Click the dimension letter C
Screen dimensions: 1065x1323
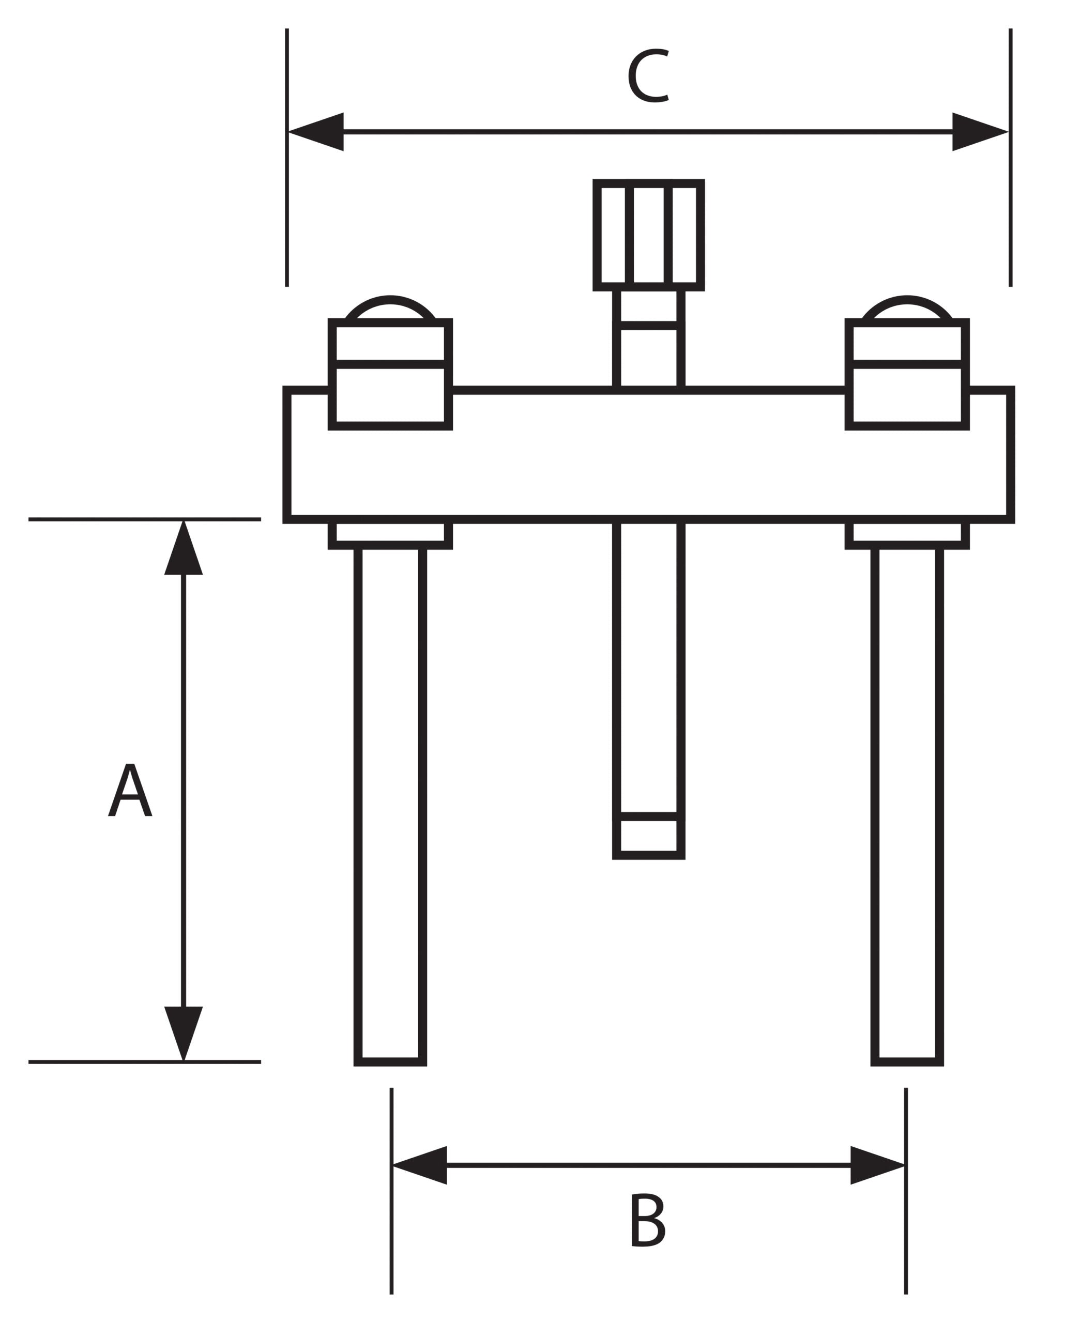[648, 75]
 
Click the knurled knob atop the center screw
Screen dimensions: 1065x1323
[648, 235]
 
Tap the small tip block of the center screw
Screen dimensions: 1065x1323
[649, 838]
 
